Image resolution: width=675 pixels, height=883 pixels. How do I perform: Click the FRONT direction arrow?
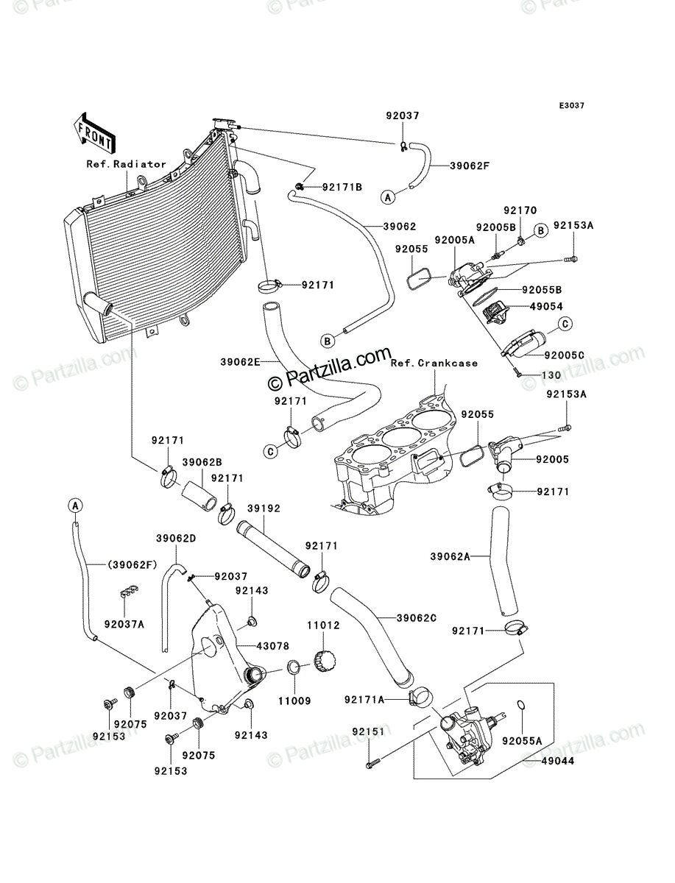[x=94, y=133]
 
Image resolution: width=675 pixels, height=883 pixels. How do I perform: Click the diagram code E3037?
[x=571, y=106]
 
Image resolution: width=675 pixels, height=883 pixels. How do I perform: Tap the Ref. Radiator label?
[x=127, y=164]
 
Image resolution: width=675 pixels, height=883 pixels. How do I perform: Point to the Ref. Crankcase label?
[x=434, y=364]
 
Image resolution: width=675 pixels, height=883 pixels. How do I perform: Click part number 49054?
[x=546, y=307]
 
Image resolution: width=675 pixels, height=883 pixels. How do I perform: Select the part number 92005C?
[x=565, y=355]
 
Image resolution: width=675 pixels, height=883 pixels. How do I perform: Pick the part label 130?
[x=551, y=375]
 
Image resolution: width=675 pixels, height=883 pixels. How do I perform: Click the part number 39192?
[x=264, y=508]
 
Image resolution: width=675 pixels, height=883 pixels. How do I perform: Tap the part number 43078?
[x=273, y=646]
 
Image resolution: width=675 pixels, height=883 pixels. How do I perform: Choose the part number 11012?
[x=323, y=625]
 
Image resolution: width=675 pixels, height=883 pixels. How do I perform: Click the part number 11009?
[x=295, y=701]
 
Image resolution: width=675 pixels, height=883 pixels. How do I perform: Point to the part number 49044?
[x=557, y=761]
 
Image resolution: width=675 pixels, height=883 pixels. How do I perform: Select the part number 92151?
[x=369, y=731]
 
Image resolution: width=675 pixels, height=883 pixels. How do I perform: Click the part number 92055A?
[x=522, y=741]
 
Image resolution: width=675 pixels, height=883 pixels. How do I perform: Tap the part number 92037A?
[x=124, y=624]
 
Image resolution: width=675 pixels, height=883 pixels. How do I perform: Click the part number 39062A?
[x=450, y=556]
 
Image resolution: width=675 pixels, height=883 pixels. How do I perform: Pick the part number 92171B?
[x=342, y=187]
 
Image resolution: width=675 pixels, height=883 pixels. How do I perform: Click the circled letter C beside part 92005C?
[x=565, y=324]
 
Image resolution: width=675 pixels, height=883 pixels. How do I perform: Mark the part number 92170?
[x=520, y=210]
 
